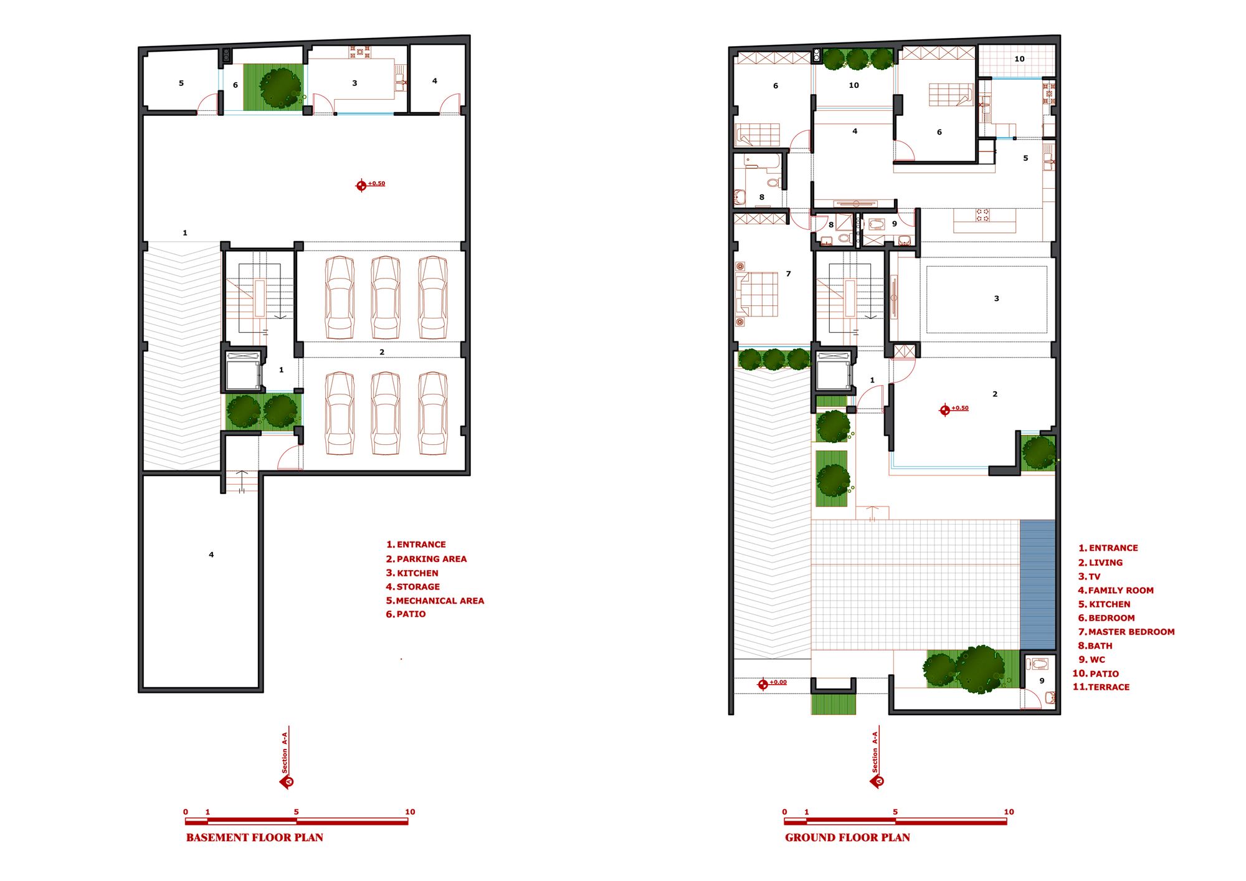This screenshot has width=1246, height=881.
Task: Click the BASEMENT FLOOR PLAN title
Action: tap(255, 837)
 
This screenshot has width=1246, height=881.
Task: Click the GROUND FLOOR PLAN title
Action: tap(847, 837)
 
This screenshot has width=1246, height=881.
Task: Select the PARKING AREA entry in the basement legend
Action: tap(426, 559)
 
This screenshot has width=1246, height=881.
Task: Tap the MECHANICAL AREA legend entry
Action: tap(435, 601)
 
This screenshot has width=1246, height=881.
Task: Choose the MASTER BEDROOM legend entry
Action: tap(1126, 632)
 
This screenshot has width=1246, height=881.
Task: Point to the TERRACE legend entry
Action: tap(1101, 687)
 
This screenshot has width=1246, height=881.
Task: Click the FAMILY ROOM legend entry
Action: tap(1116, 590)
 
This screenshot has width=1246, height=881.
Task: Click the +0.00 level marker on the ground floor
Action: tap(772, 683)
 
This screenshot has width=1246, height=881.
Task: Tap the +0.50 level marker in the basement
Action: tap(370, 184)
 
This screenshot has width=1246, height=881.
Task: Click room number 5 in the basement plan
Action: tap(181, 83)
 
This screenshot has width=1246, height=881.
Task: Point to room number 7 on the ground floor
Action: tap(788, 274)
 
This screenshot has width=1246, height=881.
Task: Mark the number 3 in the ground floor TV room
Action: tap(996, 298)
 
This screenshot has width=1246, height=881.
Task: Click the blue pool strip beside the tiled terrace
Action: tap(1037, 585)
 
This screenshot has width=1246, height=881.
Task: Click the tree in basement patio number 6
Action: tap(280, 88)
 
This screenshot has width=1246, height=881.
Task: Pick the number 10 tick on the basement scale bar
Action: tap(410, 812)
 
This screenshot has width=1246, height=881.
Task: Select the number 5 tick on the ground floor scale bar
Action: tap(895, 812)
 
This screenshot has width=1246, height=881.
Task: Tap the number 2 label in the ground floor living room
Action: tap(994, 394)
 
